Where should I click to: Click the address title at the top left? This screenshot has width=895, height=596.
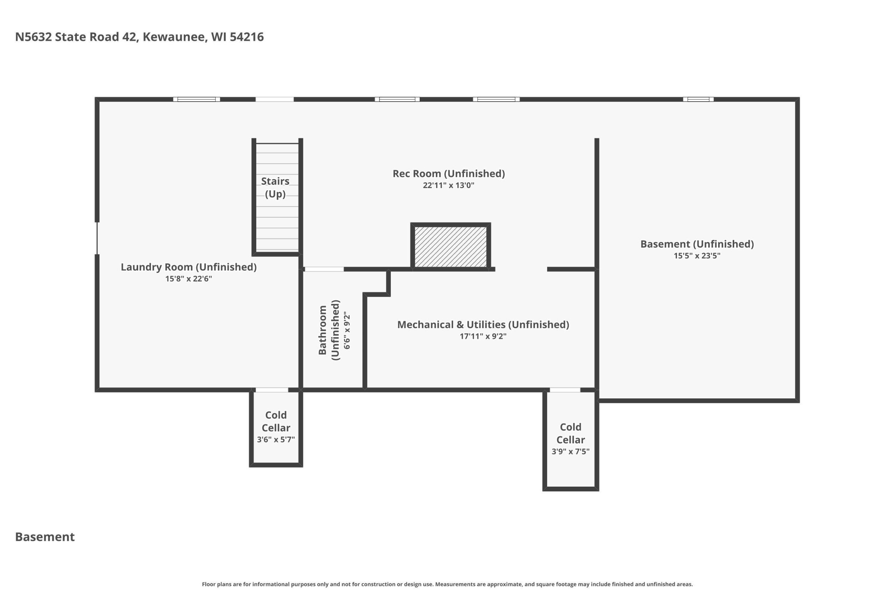pos(139,37)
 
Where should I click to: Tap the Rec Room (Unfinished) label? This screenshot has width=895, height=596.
pos(449,174)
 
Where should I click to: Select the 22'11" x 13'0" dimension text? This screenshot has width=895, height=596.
pos(449,185)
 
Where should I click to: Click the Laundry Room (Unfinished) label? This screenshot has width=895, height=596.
pos(189,267)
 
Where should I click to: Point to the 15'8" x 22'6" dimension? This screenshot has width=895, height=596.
pos(189,279)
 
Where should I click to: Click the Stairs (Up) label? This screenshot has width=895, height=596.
pos(275,187)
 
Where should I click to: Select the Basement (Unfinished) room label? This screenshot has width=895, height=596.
pos(697,244)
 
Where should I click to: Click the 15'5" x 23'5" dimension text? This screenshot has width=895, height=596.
pos(697,256)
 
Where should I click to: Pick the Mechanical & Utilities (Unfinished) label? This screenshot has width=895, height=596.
pos(483,325)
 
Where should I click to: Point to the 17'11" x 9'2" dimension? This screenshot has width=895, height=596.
pos(483,336)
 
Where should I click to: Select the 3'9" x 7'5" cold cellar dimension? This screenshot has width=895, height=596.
pos(571,451)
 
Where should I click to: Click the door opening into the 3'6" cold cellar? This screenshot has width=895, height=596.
pos(272,390)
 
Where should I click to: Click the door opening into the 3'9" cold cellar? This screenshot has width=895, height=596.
pos(565,390)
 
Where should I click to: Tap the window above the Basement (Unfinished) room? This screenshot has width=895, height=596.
pos(698,100)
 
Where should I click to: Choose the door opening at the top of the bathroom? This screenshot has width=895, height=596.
pos(324,269)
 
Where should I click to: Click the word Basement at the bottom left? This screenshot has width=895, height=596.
pos(45,537)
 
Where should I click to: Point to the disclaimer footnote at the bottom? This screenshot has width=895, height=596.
pos(447,584)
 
